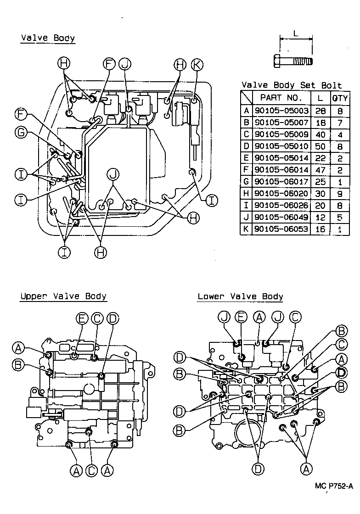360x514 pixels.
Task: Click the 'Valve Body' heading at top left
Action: point(48,38)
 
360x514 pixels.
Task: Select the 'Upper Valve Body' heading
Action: point(63,296)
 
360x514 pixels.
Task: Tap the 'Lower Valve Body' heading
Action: point(240,296)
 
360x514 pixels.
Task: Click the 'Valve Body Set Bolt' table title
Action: point(292,85)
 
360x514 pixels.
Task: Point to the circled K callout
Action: point(196,65)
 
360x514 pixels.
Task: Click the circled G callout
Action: point(21,133)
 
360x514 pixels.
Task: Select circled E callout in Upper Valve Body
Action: point(82,318)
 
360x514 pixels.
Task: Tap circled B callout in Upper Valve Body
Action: point(19,365)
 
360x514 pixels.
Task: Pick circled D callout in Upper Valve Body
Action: point(112,318)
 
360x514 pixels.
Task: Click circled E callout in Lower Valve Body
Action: point(242,317)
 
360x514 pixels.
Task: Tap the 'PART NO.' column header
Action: point(281,98)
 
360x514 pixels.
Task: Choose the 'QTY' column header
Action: point(340,98)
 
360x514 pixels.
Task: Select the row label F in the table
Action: point(247,170)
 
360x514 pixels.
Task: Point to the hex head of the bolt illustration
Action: point(277,61)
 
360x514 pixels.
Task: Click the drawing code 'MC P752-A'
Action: point(334,486)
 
